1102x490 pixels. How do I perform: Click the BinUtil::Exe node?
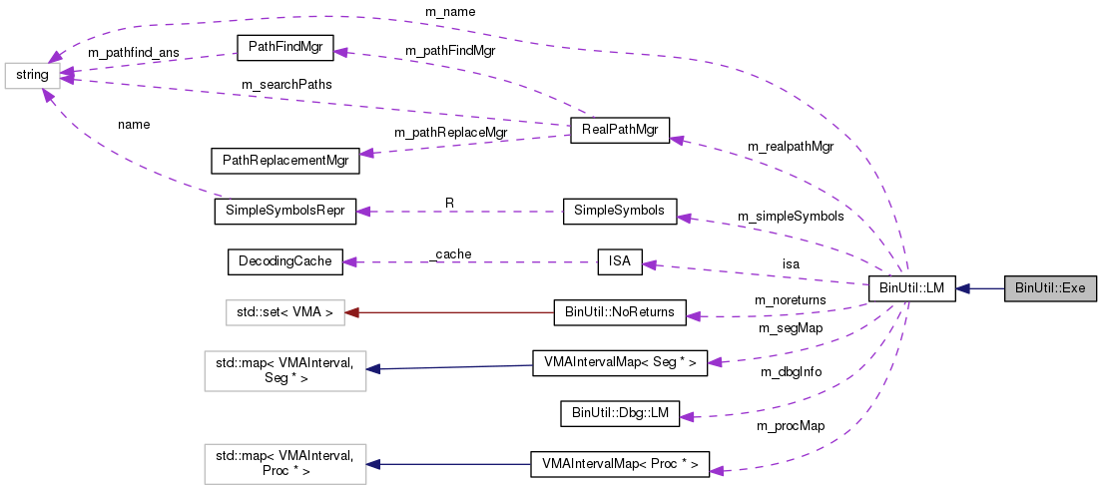[x=1050, y=288]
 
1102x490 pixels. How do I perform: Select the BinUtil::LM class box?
[x=911, y=288]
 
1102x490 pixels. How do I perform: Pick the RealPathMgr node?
[x=619, y=131]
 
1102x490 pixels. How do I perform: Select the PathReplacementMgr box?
[x=284, y=160]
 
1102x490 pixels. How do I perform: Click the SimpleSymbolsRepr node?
[x=284, y=212]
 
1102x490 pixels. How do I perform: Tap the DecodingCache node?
[x=284, y=262]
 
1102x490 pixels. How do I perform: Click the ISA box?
[x=619, y=262]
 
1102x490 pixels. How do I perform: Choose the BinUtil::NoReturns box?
[x=619, y=312]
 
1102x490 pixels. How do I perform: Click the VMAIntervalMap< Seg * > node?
[x=619, y=363]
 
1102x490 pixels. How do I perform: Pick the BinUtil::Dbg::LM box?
[x=619, y=413]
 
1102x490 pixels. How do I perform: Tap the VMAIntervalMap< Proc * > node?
[x=619, y=463]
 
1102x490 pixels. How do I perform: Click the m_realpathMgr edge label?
[x=790, y=147]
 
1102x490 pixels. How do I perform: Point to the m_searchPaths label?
[x=286, y=85]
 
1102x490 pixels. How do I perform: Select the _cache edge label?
[x=449, y=254]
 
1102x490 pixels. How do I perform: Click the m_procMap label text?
[x=791, y=426]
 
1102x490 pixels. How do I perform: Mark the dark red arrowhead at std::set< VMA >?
[x=351, y=313]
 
